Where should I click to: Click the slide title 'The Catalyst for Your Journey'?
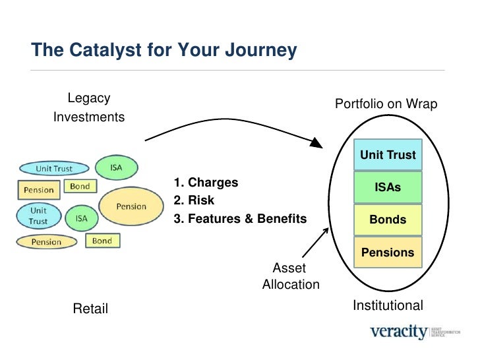click(164, 51)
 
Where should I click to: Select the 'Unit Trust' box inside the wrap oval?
click(388, 156)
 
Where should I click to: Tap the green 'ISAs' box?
click(388, 188)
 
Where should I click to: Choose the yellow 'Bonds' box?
click(388, 220)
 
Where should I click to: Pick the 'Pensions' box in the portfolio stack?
click(388, 253)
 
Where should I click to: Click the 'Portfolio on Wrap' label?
click(386, 104)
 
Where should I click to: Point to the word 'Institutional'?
click(388, 305)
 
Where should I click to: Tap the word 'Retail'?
click(90, 309)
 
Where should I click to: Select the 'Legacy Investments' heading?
click(89, 108)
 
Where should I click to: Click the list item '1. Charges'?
click(206, 183)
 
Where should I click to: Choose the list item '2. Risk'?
click(193, 200)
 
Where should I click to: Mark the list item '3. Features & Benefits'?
click(240, 219)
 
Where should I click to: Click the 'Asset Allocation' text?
click(290, 276)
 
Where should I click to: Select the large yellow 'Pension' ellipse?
click(131, 206)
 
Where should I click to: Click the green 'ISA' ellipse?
click(117, 167)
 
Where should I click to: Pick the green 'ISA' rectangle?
click(81, 218)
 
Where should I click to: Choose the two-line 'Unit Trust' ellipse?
click(38, 216)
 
